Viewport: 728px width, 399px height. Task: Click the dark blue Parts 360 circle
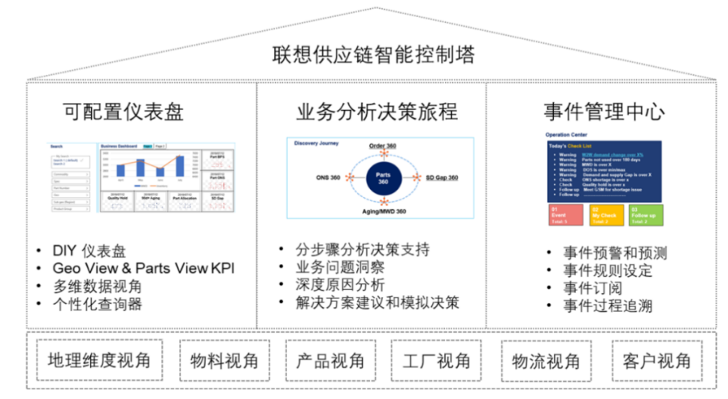point(383,178)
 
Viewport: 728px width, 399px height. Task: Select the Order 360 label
point(383,145)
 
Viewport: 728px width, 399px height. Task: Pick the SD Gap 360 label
point(442,177)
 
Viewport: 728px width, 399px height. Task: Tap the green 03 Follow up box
point(643,215)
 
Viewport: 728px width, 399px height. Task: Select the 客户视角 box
point(657,360)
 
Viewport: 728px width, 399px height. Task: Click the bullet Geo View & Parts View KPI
point(144,269)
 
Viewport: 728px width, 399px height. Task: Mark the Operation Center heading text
point(568,135)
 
